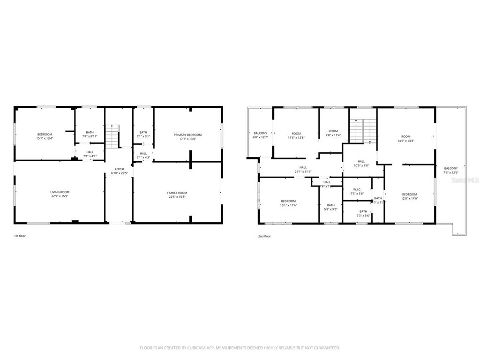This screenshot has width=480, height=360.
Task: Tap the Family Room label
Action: pyautogui.click(x=177, y=193)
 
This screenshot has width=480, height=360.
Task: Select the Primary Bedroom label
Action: pyautogui.click(x=187, y=135)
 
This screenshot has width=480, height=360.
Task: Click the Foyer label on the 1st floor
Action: pyautogui.click(x=120, y=169)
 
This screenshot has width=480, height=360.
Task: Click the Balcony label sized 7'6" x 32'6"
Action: pyautogui.click(x=450, y=168)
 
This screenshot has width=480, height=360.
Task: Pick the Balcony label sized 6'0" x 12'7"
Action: pyautogui.click(x=260, y=133)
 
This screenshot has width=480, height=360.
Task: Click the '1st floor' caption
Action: pyautogui.click(x=20, y=236)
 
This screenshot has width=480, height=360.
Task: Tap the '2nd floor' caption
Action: pyautogui.click(x=264, y=236)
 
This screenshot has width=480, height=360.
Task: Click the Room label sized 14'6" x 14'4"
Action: pyautogui.click(x=405, y=136)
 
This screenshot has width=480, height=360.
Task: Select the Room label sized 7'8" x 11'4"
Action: pyautogui.click(x=333, y=131)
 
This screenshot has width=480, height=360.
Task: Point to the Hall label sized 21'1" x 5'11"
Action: pyautogui.click(x=303, y=167)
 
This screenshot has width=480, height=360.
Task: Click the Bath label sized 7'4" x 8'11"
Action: pyautogui.click(x=90, y=132)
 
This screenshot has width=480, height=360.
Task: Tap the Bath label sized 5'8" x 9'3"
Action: pyautogui.click(x=331, y=205)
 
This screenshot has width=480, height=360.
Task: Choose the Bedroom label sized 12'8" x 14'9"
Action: pyautogui.click(x=409, y=194)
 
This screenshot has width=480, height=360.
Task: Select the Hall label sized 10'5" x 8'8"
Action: pyautogui.click(x=361, y=161)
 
